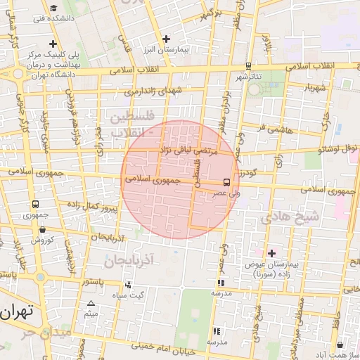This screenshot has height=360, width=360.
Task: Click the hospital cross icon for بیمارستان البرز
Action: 166,39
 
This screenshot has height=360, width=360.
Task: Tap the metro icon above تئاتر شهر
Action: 248,66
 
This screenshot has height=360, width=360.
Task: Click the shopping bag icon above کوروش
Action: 43,229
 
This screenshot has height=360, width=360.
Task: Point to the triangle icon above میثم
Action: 91,304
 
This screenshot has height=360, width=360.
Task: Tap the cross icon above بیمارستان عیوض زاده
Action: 272,252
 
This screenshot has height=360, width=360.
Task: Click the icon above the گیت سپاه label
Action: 128,285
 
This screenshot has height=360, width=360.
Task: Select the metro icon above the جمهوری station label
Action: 35,204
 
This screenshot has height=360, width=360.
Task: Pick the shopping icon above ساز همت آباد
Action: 340,345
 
